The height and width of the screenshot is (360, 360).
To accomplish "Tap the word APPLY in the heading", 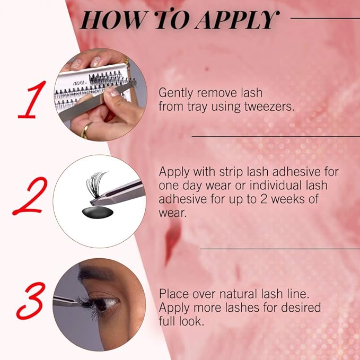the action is [237, 20].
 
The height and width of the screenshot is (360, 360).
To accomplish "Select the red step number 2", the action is [30, 196].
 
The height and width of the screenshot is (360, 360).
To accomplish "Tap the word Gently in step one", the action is [175, 93].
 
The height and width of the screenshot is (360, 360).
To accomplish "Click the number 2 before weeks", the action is [264, 199].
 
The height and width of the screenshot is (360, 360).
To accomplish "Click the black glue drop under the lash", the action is [98, 212].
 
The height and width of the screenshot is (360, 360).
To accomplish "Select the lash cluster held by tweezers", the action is [95, 184].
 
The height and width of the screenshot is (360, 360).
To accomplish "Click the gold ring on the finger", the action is [85, 130].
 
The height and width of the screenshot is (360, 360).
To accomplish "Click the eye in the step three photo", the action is [103, 303].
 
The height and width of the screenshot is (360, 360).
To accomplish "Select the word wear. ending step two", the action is [172, 213].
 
